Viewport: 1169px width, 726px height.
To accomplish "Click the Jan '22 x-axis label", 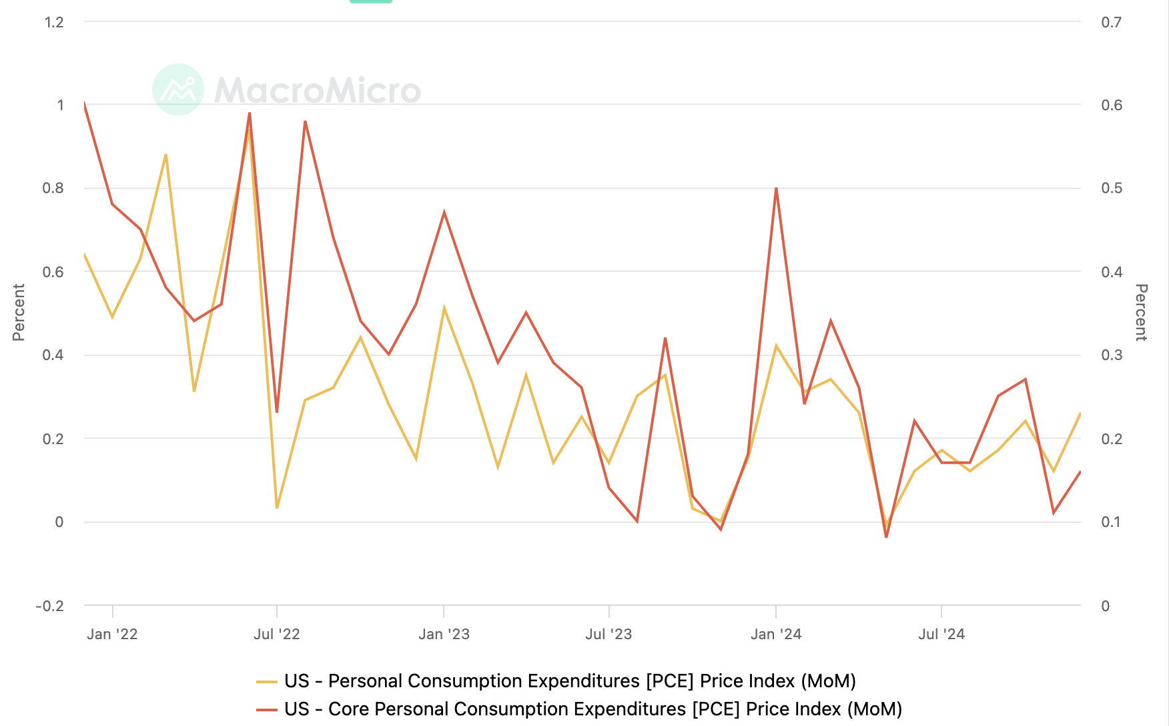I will point(112,634).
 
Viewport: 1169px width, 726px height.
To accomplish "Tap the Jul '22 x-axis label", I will point(277,634).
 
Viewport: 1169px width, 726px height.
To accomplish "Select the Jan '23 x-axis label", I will point(444,634).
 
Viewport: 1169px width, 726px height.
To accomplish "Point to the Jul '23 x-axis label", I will point(609,634).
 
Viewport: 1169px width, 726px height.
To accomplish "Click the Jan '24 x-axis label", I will point(776,634).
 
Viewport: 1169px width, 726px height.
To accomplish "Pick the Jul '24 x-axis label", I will point(941,634).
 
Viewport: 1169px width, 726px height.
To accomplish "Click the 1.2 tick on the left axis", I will point(54,22).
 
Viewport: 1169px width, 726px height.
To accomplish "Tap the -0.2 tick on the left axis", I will point(50,606).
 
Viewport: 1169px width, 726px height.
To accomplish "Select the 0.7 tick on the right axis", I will point(1112,22).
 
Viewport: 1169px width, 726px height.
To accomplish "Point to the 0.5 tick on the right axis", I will point(1112,188).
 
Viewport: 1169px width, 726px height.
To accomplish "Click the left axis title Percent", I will point(19,312).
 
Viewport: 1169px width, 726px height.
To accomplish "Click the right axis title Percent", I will point(1141,312).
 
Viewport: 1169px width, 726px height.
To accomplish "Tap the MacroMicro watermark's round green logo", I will point(178,89).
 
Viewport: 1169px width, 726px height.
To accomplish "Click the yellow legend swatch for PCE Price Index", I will point(267,681).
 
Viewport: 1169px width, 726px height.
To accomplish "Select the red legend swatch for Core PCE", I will point(267,709).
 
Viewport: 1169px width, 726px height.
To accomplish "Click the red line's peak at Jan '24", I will point(776,188).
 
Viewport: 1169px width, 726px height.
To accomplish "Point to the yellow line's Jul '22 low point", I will point(277,508).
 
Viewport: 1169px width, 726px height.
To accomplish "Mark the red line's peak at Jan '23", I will point(444,212).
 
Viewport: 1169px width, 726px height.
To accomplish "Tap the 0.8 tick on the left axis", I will point(53,188).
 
